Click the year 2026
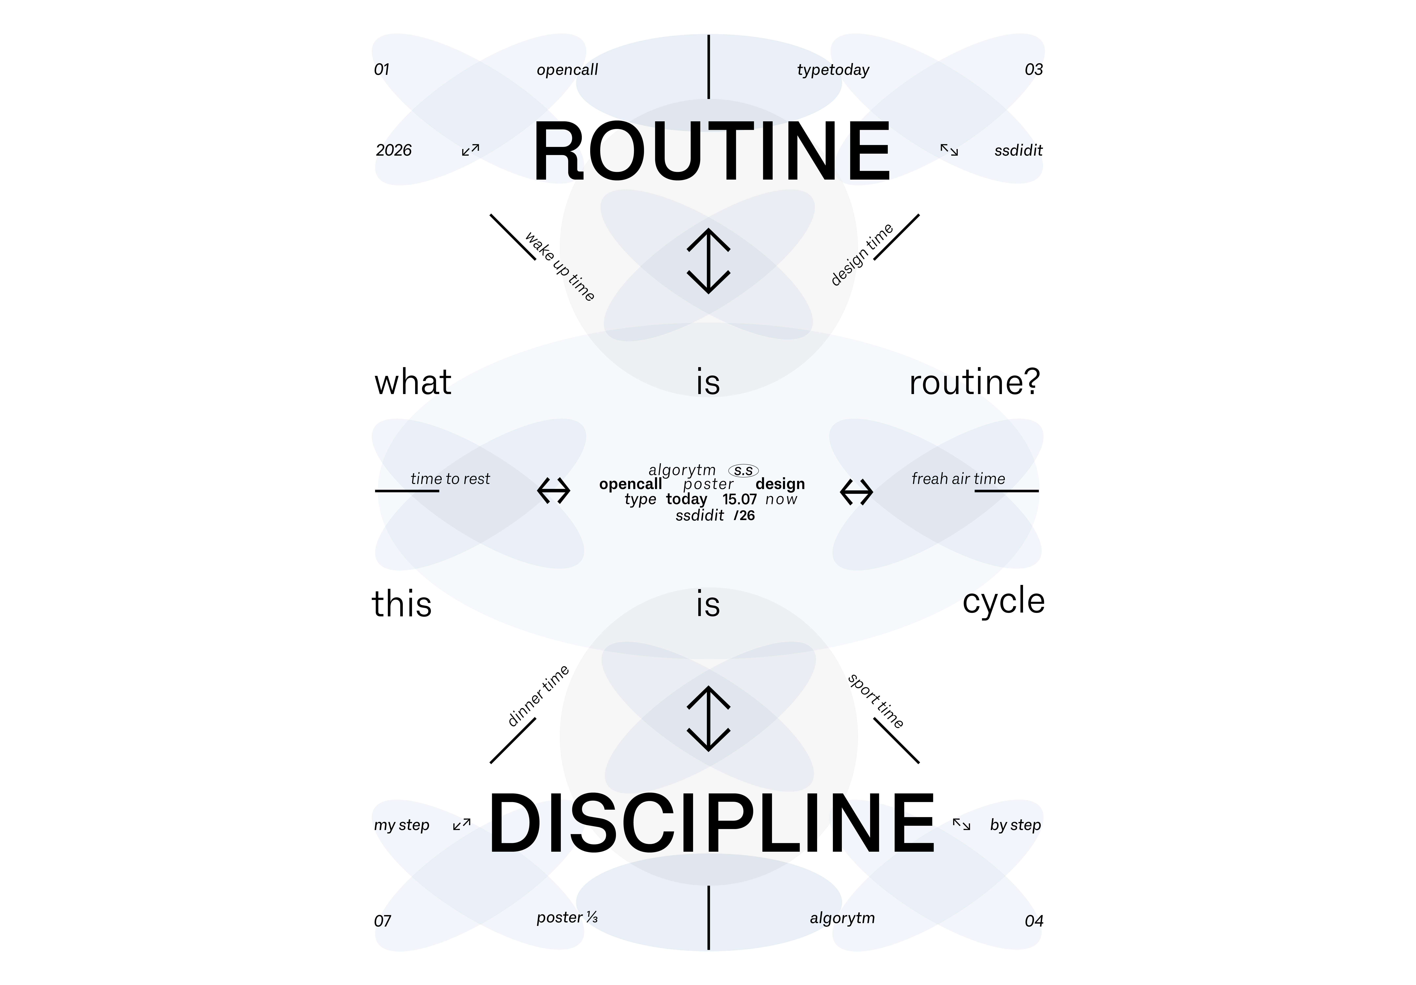click(393, 150)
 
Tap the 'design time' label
click(862, 255)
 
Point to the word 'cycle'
click(1003, 601)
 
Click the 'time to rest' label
click(450, 479)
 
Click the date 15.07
click(740, 499)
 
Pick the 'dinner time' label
click(538, 696)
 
